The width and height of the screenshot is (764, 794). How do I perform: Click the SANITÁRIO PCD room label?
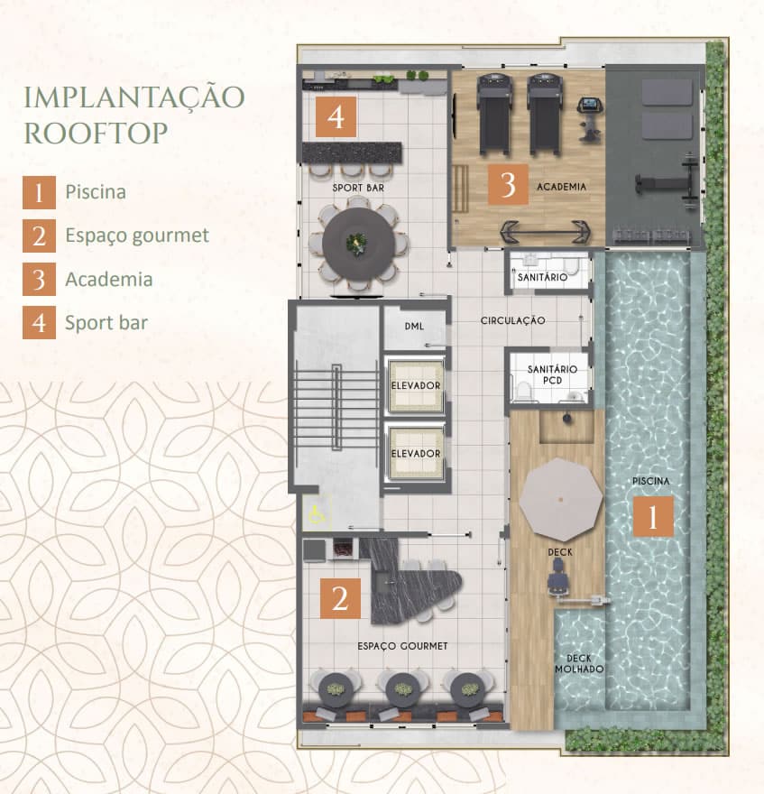(552, 374)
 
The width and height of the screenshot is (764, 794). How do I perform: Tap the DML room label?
(414, 327)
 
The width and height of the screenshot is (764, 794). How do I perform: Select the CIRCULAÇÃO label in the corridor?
(513, 320)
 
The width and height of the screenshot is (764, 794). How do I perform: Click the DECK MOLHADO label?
(579, 663)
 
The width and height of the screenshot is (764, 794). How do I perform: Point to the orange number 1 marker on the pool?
(653, 516)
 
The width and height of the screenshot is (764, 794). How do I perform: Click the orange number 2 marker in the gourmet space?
(340, 598)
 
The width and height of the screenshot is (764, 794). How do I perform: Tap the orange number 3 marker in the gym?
(508, 184)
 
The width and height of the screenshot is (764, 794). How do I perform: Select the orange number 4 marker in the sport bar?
(336, 117)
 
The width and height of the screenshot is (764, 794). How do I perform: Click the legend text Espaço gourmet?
(137, 235)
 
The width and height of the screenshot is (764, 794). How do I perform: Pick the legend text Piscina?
(96, 192)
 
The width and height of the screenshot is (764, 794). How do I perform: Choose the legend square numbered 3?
(39, 279)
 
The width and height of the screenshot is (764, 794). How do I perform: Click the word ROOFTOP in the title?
(97, 134)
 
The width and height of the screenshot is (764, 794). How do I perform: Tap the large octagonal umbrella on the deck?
(561, 500)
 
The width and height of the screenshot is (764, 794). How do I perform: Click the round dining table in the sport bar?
(358, 244)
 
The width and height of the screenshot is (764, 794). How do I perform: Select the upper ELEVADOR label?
(416, 386)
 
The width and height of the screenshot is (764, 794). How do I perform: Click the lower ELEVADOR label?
(416, 454)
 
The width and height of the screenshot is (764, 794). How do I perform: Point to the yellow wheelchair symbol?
(318, 514)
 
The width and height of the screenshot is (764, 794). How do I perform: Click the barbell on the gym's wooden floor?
(545, 233)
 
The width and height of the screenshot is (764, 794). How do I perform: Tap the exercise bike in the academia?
(590, 118)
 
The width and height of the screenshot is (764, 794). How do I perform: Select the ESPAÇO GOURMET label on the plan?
(402, 646)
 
